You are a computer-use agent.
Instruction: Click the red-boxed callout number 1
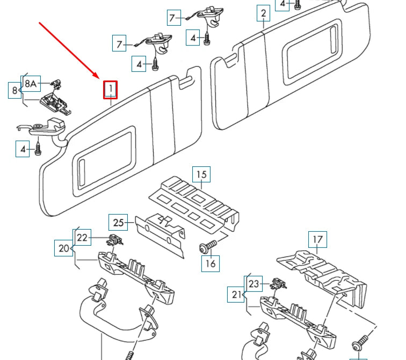point(111,90)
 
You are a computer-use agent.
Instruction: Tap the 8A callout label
point(31,84)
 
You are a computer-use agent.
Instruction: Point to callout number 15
point(201,174)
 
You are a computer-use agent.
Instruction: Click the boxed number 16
point(211,263)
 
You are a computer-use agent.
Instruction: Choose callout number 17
point(317,240)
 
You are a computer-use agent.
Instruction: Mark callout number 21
point(237,294)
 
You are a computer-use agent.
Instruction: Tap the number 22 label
point(82,237)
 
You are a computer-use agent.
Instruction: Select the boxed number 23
point(254,283)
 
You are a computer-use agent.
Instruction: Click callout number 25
point(118,222)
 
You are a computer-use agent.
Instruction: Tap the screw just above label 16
point(207,247)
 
